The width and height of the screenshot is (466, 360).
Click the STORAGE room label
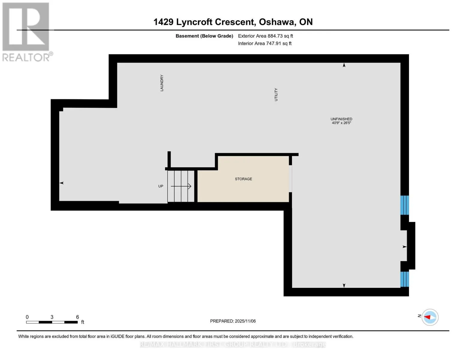click(243, 179)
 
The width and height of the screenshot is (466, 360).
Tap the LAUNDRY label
click(162, 83)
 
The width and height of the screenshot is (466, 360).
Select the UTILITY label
click(276, 94)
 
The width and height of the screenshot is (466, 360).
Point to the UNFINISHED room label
click(341, 119)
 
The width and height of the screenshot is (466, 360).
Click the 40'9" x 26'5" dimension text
click(341, 123)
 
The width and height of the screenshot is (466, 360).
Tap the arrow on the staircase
click(181, 186)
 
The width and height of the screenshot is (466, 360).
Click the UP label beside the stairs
click(161, 186)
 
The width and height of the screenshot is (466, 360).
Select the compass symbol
click(430, 317)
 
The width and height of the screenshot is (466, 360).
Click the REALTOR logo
click(27, 32)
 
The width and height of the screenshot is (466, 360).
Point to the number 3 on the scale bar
click(52, 317)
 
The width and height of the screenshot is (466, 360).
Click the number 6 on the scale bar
click(77, 317)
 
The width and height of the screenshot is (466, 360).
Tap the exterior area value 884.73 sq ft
click(280, 36)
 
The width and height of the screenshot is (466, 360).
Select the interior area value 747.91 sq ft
click(279, 43)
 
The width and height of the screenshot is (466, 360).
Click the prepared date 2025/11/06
click(245, 321)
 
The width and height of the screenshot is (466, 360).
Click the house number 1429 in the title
click(164, 22)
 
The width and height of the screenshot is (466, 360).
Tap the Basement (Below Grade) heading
click(204, 36)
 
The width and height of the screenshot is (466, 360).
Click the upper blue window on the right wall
click(404, 205)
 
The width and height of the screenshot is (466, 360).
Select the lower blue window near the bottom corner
click(404, 279)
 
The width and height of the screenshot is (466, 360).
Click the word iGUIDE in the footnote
click(117, 336)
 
